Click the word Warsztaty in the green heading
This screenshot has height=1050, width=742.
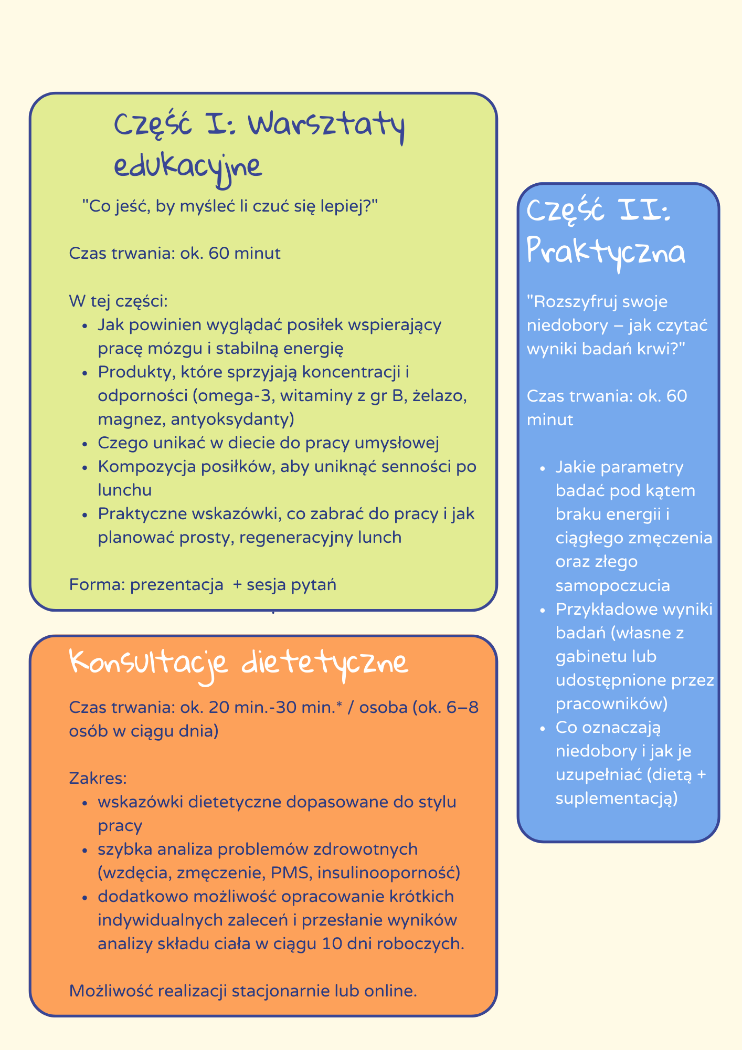(x=326, y=127)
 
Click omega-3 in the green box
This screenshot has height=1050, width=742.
(x=236, y=396)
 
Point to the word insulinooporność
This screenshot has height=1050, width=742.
(x=389, y=873)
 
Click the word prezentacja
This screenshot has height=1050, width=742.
(x=176, y=584)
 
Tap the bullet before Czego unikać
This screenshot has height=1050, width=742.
(x=85, y=444)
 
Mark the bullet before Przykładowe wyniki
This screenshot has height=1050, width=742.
(x=543, y=610)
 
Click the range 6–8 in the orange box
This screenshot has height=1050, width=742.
(x=465, y=707)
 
